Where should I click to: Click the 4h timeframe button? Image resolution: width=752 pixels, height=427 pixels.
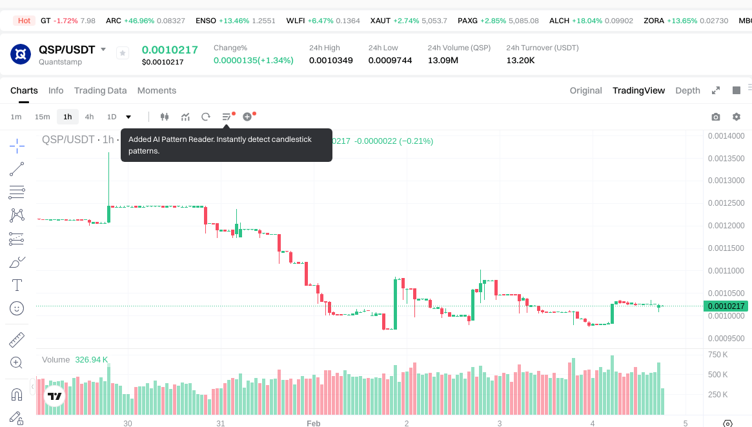[89, 117]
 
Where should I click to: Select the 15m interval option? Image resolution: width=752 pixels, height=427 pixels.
[42, 117]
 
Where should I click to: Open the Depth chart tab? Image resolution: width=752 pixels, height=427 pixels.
[687, 90]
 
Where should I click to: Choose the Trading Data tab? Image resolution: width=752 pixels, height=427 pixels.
[100, 90]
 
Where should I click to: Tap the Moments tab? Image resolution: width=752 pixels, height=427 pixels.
[157, 90]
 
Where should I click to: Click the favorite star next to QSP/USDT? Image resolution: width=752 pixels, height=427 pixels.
[123, 53]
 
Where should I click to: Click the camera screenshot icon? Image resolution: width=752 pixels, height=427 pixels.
[715, 117]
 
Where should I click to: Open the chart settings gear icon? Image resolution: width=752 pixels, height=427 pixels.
[737, 117]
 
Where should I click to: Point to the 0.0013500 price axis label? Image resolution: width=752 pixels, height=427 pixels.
[726, 158]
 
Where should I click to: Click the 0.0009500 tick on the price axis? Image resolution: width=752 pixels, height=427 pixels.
[726, 338]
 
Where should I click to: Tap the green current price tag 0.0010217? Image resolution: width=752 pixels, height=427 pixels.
[726, 306]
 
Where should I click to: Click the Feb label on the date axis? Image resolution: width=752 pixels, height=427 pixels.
[313, 423]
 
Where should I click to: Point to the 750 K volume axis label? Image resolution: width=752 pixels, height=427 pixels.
[718, 354]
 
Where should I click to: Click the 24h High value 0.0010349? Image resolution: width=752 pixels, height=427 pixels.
[330, 60]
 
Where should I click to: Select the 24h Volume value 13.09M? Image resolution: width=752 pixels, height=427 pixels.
[443, 60]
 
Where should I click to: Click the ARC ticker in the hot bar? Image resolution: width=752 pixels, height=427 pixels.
[114, 21]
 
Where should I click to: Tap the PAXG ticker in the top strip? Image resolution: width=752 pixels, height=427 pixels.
[467, 21]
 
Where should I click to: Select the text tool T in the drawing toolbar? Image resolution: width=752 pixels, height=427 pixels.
[17, 284]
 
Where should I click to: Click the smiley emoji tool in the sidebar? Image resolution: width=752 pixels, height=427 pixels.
[17, 308]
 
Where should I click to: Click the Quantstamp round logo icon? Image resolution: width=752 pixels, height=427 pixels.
[21, 54]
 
